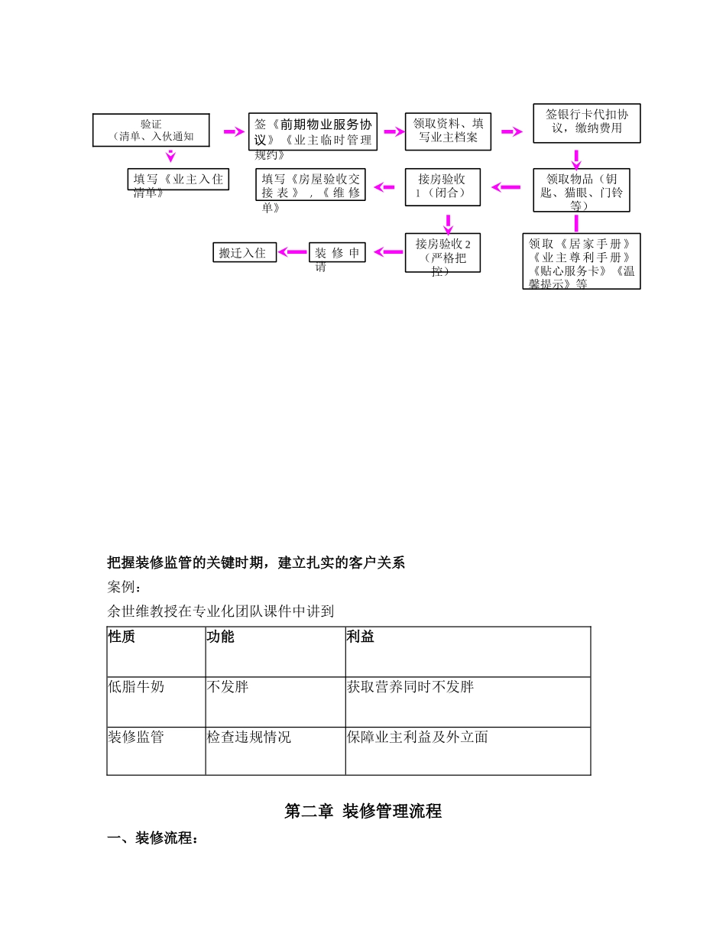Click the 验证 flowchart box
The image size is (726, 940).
(x=151, y=131)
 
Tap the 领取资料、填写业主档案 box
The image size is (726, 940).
(x=448, y=131)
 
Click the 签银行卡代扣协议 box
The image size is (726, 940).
(x=586, y=123)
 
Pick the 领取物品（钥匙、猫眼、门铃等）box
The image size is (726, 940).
(x=581, y=190)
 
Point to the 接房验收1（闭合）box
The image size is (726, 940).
(x=442, y=186)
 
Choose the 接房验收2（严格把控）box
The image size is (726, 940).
(x=442, y=252)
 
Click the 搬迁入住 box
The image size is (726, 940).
(x=244, y=252)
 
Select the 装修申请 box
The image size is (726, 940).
(x=337, y=252)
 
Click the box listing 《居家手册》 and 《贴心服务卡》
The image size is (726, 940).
(x=581, y=261)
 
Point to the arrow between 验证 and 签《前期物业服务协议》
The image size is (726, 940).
(x=233, y=132)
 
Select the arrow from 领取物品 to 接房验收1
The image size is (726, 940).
(x=506, y=187)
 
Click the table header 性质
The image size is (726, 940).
(x=122, y=637)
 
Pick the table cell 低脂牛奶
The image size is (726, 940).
(x=136, y=687)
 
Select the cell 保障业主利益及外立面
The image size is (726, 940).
(x=417, y=737)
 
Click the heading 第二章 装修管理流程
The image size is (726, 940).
(x=363, y=812)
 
